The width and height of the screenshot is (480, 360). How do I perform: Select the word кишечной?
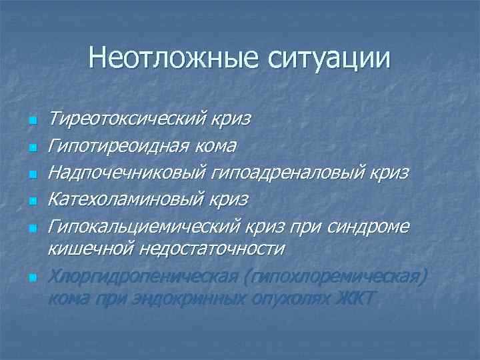pyautogui.click(x=90, y=248)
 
